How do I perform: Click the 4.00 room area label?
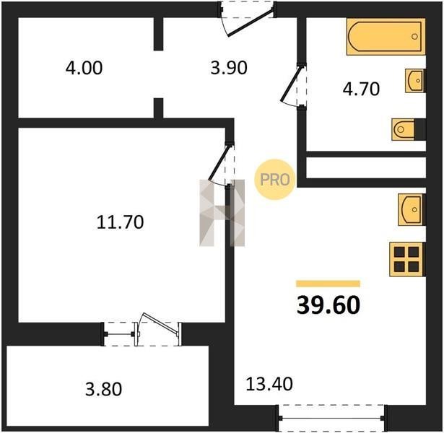tap(84, 69)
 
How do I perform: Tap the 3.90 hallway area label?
tap(229, 69)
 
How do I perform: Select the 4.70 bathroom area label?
tap(361, 89)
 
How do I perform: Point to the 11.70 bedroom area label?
tap(120, 222)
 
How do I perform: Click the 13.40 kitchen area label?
tap(269, 384)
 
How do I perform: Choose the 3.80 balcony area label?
tap(104, 389)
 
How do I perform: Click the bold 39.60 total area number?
tap(328, 305)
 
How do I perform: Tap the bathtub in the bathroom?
tap(386, 36)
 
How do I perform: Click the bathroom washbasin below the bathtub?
tap(415, 81)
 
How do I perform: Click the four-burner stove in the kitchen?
tap(407, 259)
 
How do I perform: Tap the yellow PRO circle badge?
tap(274, 180)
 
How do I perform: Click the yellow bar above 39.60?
tap(328, 284)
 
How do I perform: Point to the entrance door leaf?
tap(251, 22)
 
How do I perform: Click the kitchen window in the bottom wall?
tap(331, 418)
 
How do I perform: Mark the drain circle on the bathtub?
tap(414, 37)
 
